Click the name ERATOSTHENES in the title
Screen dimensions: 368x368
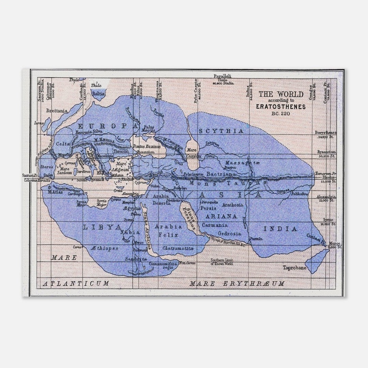point(281,106)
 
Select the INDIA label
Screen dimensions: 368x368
point(276,229)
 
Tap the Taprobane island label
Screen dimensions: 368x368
point(295,268)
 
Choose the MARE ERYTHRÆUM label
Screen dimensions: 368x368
point(237,283)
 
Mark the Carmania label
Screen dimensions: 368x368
point(215,225)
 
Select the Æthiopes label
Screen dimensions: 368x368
point(105,248)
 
